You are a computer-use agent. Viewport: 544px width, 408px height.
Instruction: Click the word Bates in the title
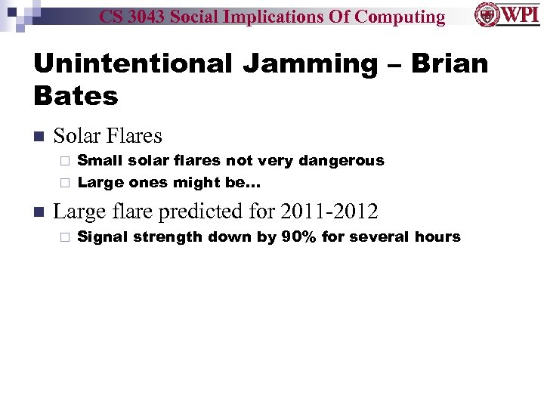pos(76,96)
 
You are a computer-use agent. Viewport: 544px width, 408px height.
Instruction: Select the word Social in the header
pos(212,16)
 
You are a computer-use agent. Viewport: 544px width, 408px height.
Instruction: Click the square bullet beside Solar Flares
pos(39,137)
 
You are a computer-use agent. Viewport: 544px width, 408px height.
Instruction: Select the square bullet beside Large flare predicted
pos(39,212)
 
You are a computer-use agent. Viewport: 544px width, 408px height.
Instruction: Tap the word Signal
pos(104,237)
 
